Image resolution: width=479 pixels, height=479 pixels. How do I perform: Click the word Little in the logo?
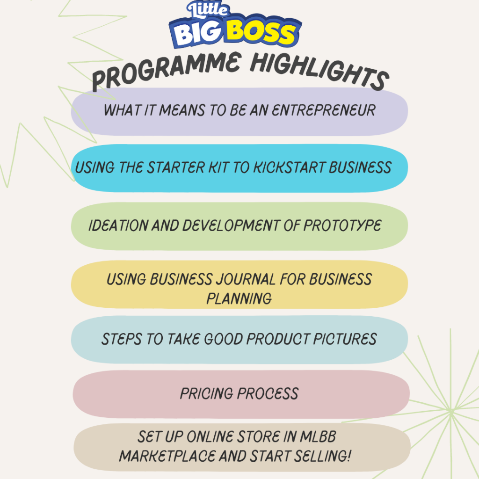coord(208,9)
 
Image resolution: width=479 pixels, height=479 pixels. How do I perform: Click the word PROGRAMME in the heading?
coord(167,71)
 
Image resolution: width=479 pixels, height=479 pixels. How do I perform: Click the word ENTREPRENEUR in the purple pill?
coord(324,110)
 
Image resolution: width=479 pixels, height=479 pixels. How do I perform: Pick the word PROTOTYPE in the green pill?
coord(342,225)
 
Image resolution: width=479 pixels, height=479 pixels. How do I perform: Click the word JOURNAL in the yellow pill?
coord(246,279)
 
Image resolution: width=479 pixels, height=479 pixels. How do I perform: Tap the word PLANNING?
coord(239,298)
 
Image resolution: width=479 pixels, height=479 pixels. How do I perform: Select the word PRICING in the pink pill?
coord(207,393)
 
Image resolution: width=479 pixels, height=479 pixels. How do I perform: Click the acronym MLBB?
coord(318,436)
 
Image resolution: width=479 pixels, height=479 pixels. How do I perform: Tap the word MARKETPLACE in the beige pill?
coord(167,456)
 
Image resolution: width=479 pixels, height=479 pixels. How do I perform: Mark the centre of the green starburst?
coord(451,411)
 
